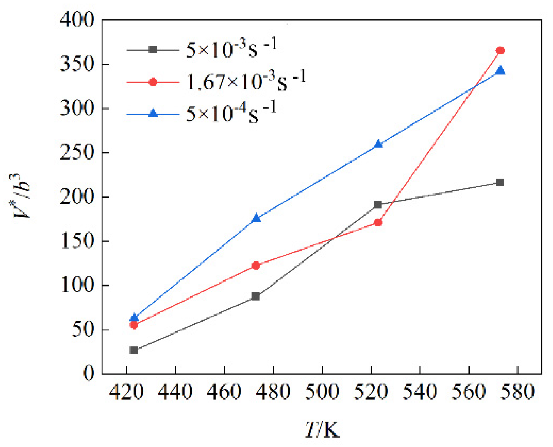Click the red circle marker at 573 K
[x=500, y=51]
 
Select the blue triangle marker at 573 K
[x=500, y=71]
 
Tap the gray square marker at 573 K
[x=500, y=182]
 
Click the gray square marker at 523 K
[x=378, y=204]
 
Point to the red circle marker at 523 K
[x=378, y=223]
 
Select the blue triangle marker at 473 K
[x=256, y=218]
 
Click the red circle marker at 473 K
[x=256, y=265]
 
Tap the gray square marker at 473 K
[x=256, y=296]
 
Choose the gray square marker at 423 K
[x=134, y=350]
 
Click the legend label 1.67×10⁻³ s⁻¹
[x=246, y=81]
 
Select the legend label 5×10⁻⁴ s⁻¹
[x=231, y=113]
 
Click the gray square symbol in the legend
[x=153, y=49]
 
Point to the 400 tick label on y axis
[x=77, y=19]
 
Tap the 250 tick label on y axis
[x=77, y=153]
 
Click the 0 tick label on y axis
[x=88, y=373]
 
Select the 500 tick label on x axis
[x=322, y=392]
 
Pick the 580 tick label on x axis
[x=517, y=392]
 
